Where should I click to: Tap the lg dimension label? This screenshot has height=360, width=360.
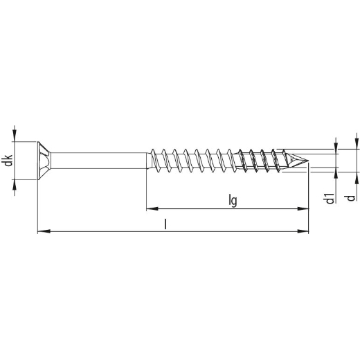pyautogui.click(x=233, y=201)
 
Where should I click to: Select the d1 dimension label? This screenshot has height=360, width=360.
pyautogui.click(x=330, y=198)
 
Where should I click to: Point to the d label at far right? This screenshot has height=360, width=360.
pyautogui.click(x=351, y=198)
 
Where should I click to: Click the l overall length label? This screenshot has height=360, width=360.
pyautogui.click(x=165, y=224)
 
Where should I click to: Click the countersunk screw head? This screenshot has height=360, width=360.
pyautogui.click(x=44, y=161)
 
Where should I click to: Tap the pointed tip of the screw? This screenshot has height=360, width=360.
pyautogui.click(x=308, y=161)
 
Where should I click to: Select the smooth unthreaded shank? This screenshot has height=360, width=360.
pyautogui.click(x=99, y=161)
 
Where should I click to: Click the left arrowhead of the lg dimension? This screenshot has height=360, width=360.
pyautogui.click(x=152, y=208)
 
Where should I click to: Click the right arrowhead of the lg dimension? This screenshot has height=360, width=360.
pyautogui.click(x=303, y=208)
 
